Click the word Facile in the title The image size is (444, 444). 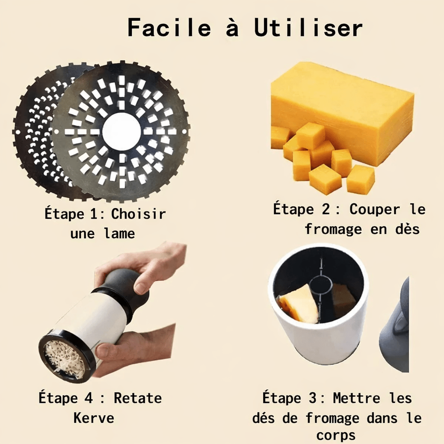(170, 27)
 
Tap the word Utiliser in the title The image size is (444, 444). (308, 28)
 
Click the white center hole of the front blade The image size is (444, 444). (121, 132)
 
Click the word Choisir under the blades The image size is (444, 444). (138, 214)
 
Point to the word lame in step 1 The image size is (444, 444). (119, 233)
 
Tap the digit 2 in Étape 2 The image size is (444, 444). (325, 209)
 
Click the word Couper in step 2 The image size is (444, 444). (375, 209)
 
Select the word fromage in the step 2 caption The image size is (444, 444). (333, 229)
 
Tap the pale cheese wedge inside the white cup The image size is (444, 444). (298, 304)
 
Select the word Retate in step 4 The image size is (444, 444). (137, 398)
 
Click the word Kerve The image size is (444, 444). (94, 418)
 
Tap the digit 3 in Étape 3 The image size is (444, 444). (312, 398)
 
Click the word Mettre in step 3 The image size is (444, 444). (356, 398)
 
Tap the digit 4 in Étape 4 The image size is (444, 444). (88, 398)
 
